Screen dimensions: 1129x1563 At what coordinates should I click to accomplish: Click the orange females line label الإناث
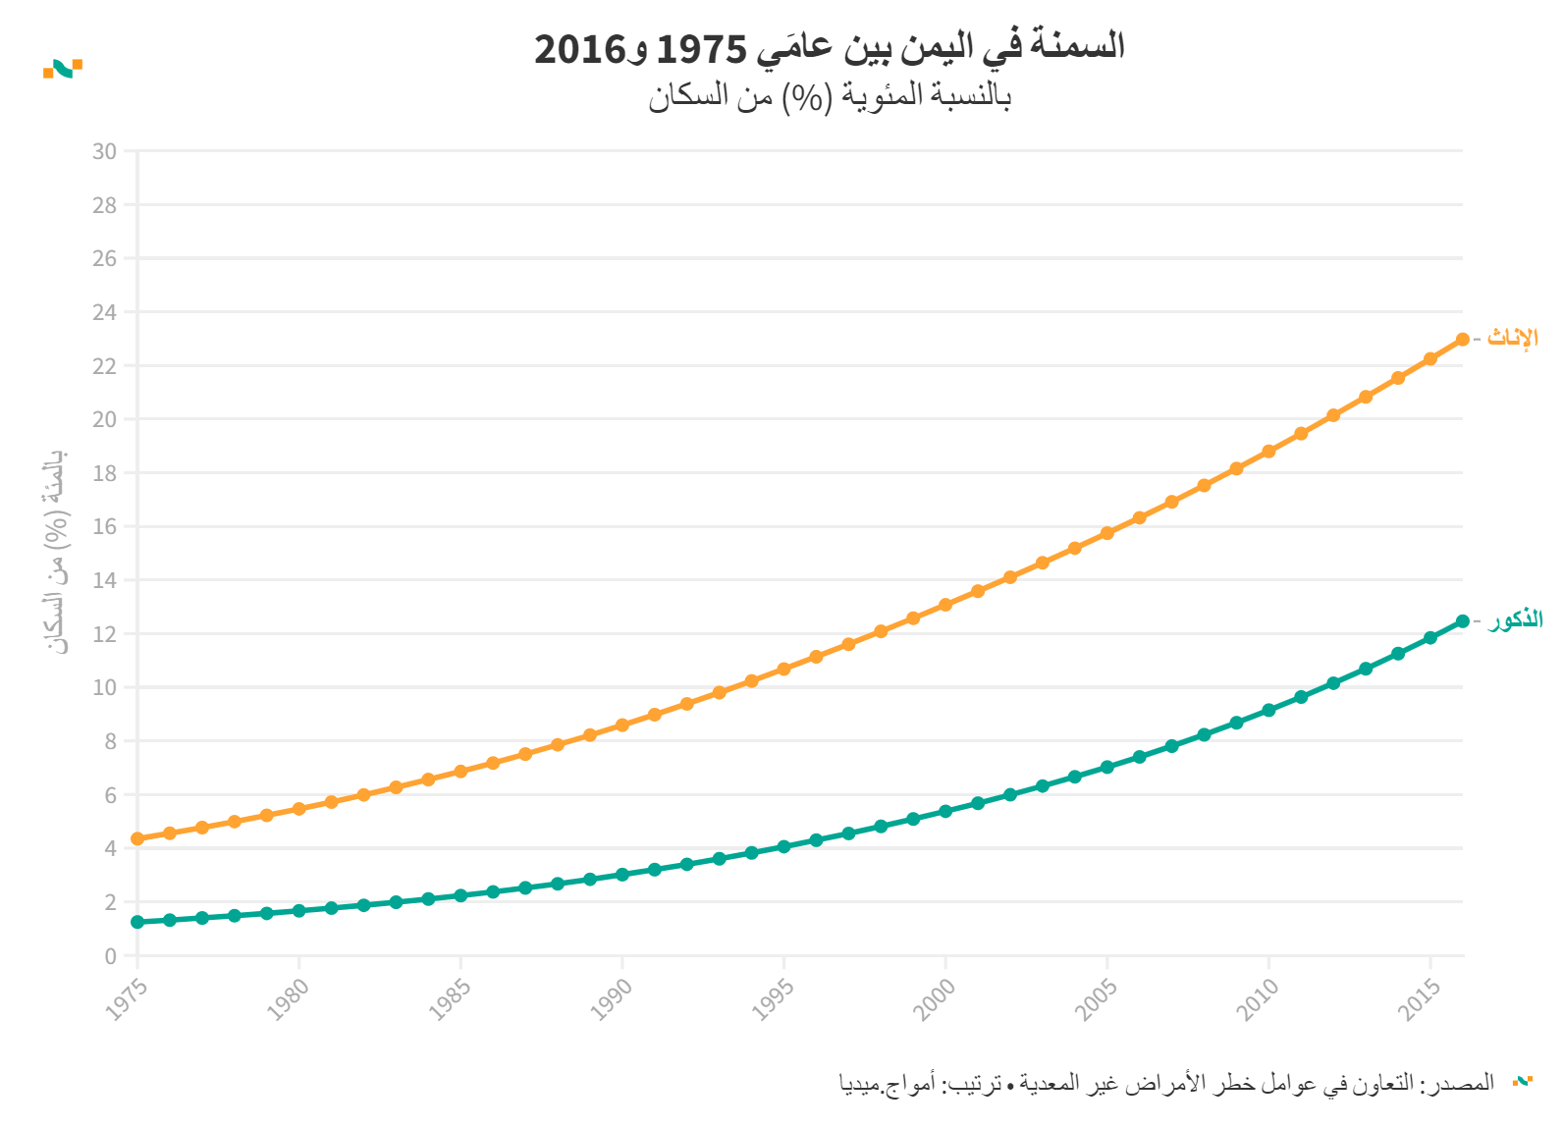point(1512,338)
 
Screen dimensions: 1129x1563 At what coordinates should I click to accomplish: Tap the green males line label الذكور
point(1515,620)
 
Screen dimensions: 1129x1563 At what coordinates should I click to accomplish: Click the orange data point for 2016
point(1462,339)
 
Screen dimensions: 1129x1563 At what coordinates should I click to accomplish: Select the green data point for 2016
point(1462,620)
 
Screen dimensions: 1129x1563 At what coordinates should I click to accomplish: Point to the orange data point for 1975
point(137,838)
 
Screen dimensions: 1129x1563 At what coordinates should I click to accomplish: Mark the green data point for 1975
point(137,922)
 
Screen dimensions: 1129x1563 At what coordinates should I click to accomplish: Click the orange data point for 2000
point(945,605)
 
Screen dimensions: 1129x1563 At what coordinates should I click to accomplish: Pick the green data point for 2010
point(1268,710)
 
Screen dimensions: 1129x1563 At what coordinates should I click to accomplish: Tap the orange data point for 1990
point(622,726)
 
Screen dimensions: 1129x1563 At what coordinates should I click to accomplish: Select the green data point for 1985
point(460,895)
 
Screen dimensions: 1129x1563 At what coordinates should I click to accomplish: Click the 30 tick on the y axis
point(104,151)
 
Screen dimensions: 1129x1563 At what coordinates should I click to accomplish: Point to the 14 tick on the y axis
point(104,580)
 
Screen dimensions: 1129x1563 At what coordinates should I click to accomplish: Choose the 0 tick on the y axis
point(110,955)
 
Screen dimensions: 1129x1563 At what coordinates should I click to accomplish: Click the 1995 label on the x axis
point(774,999)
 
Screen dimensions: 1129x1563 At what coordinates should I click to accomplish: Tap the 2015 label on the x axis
point(1421,999)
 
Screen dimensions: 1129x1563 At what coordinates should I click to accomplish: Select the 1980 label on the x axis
point(289,999)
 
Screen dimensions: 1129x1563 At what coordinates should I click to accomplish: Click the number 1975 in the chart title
point(700,47)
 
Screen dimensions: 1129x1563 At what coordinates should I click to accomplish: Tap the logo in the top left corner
point(63,68)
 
